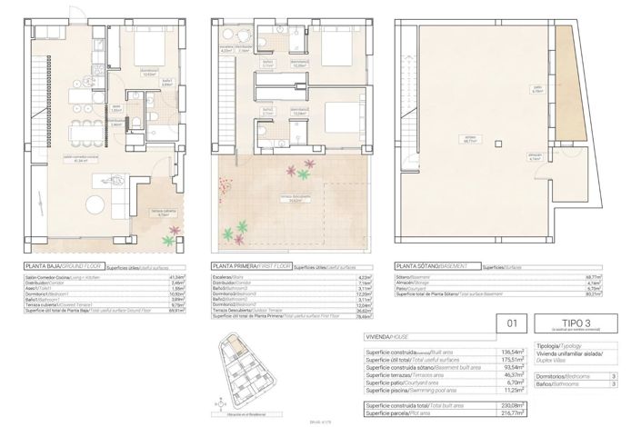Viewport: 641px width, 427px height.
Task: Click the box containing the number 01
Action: pyautogui.click(x=511, y=323)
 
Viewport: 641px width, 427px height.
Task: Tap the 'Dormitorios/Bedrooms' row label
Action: pyautogui.click(x=560, y=375)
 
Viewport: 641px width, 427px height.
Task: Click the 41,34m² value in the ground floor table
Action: pyautogui.click(x=176, y=277)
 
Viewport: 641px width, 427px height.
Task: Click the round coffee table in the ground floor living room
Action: pyautogui.click(x=95, y=199)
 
